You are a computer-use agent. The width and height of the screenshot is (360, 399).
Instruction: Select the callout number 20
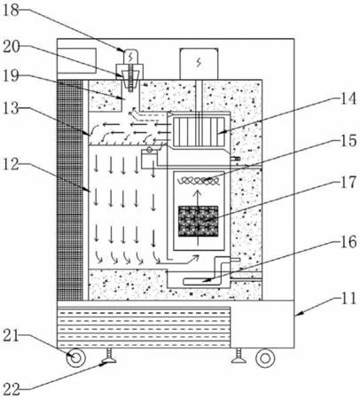point(12,47)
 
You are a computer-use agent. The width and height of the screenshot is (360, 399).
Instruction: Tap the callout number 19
point(12,76)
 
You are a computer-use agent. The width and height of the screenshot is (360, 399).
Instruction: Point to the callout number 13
point(12,109)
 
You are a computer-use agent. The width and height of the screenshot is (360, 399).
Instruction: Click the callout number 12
point(12,164)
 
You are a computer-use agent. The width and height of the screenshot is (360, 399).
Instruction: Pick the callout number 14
point(348,99)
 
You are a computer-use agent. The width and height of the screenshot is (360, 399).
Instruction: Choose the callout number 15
point(348,140)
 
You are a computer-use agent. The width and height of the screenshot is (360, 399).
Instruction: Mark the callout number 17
point(348,182)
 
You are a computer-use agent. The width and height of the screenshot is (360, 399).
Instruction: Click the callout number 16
point(348,242)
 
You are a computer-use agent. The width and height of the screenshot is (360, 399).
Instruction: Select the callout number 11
point(348,299)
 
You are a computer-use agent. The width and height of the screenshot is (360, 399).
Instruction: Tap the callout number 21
point(12,336)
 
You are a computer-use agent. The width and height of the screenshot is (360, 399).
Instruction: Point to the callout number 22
point(12,389)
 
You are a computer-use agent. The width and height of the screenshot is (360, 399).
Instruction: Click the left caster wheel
point(76,358)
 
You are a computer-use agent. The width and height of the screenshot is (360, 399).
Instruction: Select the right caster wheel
point(265,358)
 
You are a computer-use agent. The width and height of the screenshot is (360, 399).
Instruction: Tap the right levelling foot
point(239,356)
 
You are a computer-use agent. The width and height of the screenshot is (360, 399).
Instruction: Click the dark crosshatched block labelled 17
point(199,222)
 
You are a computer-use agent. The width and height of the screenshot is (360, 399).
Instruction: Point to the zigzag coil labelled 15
point(198,181)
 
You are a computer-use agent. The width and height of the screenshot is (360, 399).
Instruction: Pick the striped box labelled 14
point(199,131)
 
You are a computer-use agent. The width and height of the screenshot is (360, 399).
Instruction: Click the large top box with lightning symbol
point(199,64)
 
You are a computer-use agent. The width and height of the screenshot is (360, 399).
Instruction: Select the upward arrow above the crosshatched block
point(198,197)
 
